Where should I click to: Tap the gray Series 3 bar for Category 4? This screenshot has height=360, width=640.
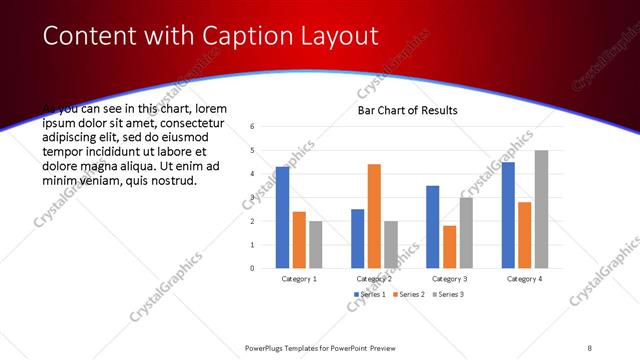[x=541, y=209]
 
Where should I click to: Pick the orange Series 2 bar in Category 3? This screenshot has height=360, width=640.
[x=449, y=247]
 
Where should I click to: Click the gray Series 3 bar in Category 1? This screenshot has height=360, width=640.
[x=315, y=244]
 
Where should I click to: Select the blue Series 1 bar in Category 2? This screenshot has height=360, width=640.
[x=357, y=238]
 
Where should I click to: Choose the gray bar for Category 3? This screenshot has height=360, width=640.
[x=466, y=232]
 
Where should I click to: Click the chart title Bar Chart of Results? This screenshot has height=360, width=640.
[x=407, y=111]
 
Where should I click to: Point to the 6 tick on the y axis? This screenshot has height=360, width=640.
[x=253, y=127]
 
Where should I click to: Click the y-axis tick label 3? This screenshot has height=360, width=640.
[x=253, y=197]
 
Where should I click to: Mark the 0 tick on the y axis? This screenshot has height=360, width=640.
[x=253, y=268]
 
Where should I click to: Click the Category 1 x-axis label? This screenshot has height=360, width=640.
[x=299, y=279]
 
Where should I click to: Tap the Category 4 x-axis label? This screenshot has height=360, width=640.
[x=524, y=279]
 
